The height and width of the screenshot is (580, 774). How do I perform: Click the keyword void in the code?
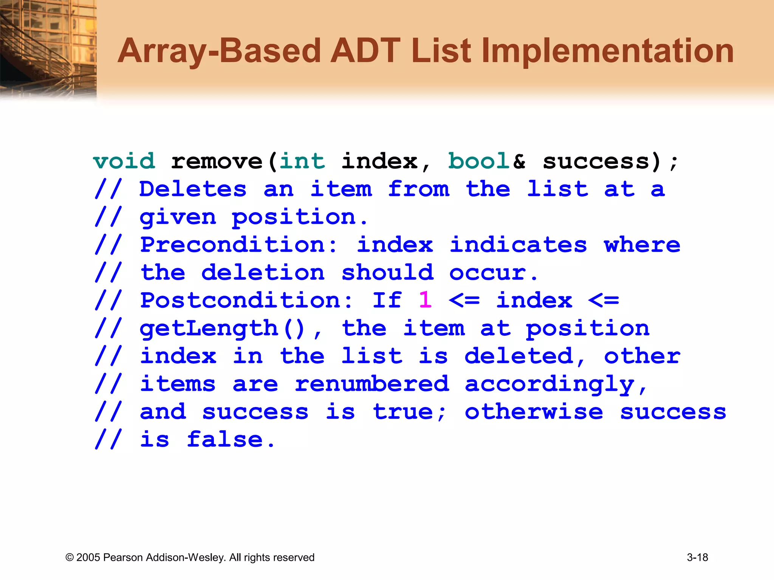tap(124, 162)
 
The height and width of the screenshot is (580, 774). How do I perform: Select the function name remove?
tap(217, 162)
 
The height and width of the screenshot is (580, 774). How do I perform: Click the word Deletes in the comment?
tap(193, 189)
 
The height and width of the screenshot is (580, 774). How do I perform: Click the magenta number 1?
tap(426, 301)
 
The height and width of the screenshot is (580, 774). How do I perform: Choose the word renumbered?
tap(372, 384)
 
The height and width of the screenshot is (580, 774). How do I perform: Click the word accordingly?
tap(556, 384)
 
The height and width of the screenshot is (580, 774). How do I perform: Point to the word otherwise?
tap(534, 412)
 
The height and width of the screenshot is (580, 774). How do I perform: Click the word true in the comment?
tap(403, 412)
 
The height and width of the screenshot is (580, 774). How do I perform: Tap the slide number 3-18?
tap(697, 557)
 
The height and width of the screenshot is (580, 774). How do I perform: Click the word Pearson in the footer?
tap(123, 557)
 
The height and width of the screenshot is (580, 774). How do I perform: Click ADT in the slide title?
tap(365, 51)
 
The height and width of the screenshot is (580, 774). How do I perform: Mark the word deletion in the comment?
tap(263, 273)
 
